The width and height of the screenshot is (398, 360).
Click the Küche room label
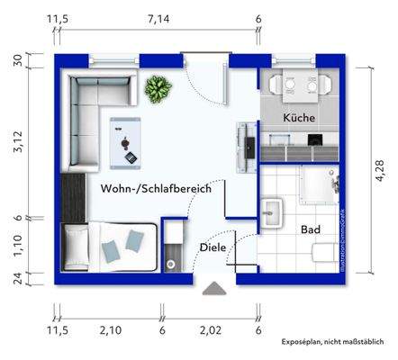298,118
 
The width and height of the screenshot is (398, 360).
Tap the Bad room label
311,229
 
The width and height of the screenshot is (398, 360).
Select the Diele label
213,247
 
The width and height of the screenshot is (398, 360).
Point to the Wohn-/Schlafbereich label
157,189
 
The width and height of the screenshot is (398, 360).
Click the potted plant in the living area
158,89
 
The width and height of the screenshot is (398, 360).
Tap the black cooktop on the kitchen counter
316,140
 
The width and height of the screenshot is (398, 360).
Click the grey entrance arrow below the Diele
214,289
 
